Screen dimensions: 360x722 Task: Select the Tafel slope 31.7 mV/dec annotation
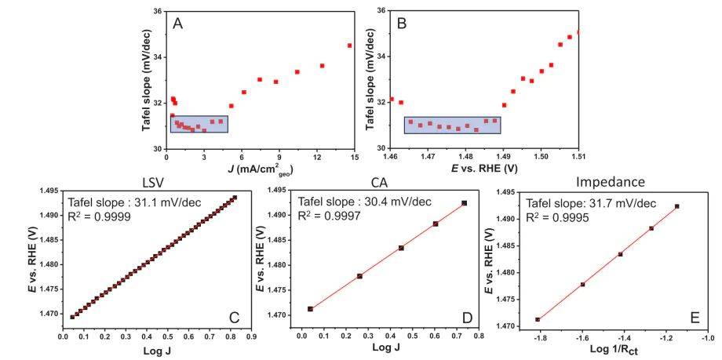pyautogui.click(x=592, y=203)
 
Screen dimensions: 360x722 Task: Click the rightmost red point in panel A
pyautogui.click(x=349, y=45)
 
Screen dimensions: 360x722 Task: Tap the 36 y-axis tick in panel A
pyautogui.click(x=157, y=12)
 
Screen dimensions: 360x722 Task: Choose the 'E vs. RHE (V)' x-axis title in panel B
pyautogui.click(x=487, y=168)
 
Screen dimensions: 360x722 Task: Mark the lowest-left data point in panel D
pyautogui.click(x=310, y=309)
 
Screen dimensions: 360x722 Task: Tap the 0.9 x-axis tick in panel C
pyautogui.click(x=250, y=339)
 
